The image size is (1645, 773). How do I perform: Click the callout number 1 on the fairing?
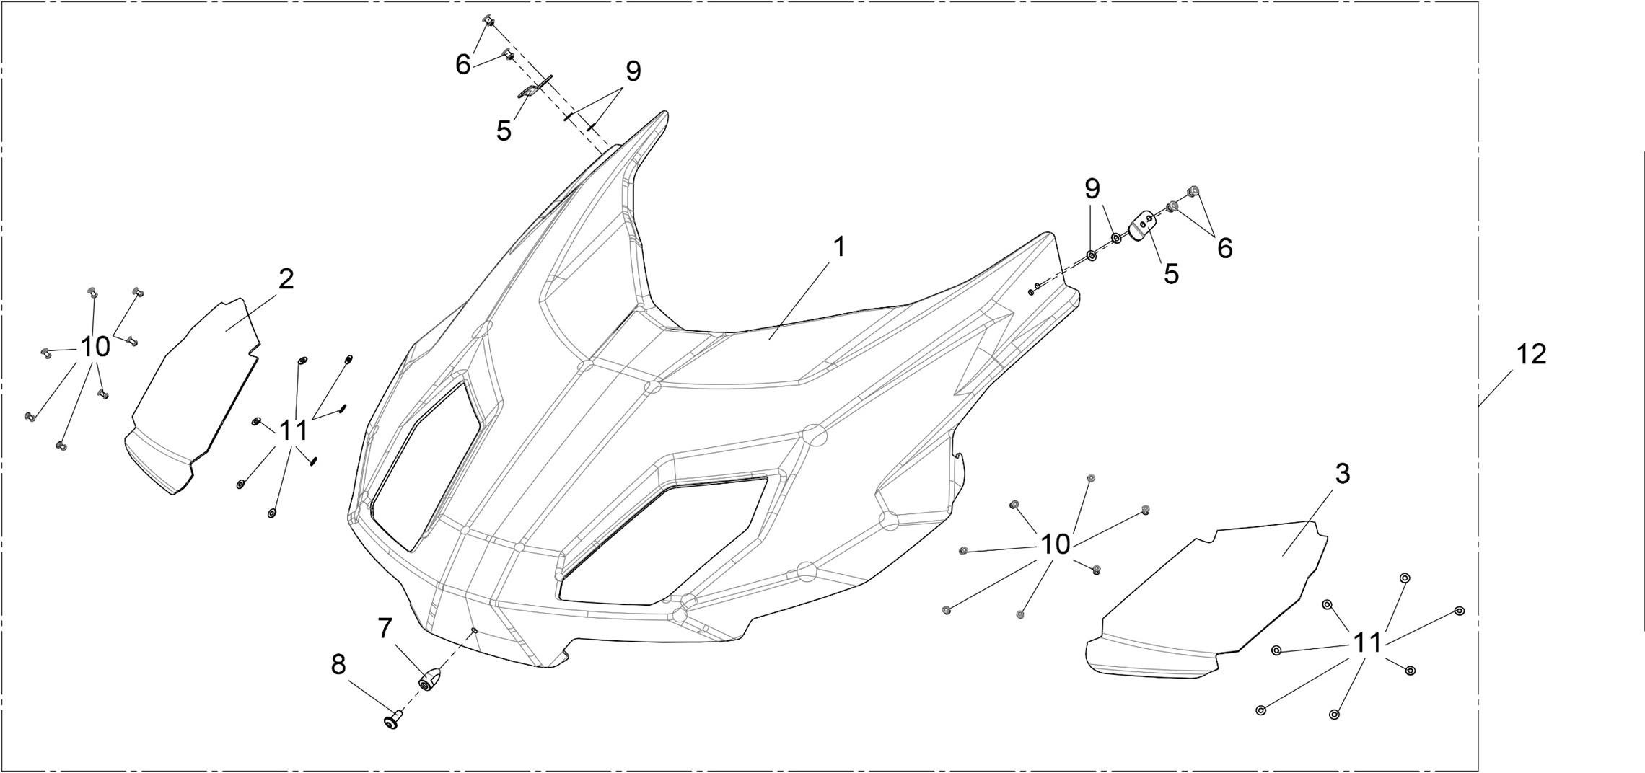pyautogui.click(x=838, y=247)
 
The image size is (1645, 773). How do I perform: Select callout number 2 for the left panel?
pyautogui.click(x=286, y=280)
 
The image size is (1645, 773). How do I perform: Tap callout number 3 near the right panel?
pyautogui.click(x=1342, y=474)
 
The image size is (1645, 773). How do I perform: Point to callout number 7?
pyautogui.click(x=385, y=629)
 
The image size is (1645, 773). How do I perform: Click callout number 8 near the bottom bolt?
pyautogui.click(x=338, y=665)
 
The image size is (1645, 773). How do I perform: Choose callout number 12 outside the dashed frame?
pyautogui.click(x=1531, y=355)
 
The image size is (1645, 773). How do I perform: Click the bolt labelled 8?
pyautogui.click(x=392, y=719)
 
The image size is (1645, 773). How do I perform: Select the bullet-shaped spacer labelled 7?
pyautogui.click(x=431, y=679)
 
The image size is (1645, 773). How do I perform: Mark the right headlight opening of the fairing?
pyautogui.click(x=664, y=541)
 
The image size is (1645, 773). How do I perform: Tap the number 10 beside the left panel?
pyautogui.click(x=95, y=348)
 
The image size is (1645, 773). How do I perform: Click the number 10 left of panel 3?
pyautogui.click(x=1055, y=545)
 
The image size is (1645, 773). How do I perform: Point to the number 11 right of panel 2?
pyautogui.click(x=293, y=431)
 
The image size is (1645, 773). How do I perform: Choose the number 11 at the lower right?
pyautogui.click(x=1367, y=642)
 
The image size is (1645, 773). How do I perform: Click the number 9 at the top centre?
pyautogui.click(x=633, y=71)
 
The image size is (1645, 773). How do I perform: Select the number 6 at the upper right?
pyautogui.click(x=1224, y=249)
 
